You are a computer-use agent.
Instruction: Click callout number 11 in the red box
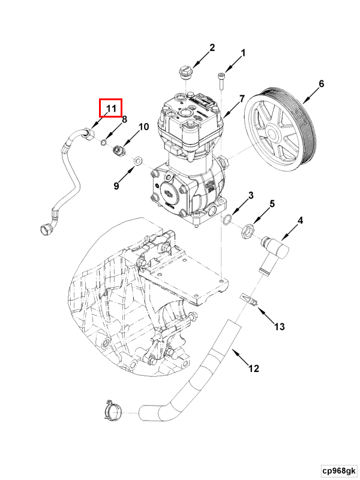[x=110, y=108]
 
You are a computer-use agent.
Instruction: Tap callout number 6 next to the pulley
[x=321, y=84]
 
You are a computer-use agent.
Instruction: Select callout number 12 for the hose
[x=253, y=368]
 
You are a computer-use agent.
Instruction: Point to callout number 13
[x=280, y=326]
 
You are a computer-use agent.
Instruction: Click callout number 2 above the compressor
[x=212, y=48]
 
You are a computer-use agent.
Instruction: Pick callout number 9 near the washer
[x=116, y=186]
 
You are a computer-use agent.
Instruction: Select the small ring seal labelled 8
[x=104, y=142]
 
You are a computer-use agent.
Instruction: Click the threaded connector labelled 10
[x=119, y=148]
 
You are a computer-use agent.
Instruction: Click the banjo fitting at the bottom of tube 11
[x=47, y=228]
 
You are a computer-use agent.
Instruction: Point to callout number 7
[x=242, y=98]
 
